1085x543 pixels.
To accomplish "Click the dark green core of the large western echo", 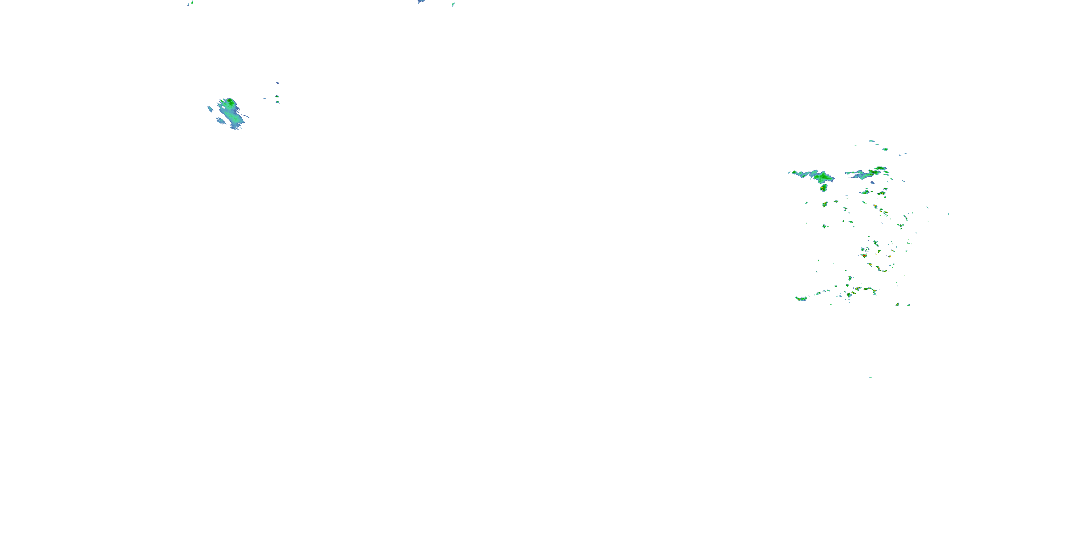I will pyautogui.click(x=230, y=102).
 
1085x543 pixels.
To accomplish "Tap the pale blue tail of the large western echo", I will pyautogui.click(x=237, y=123).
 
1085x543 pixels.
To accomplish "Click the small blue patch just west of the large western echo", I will pyautogui.click(x=210, y=109).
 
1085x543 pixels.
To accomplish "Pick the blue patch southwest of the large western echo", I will pyautogui.click(x=220, y=121).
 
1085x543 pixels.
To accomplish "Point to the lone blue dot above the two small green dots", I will pyautogui.click(x=277, y=83).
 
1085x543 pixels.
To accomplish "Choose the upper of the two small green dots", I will pyautogui.click(x=277, y=97).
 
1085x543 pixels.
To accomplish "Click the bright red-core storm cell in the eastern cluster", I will pyautogui.click(x=864, y=256).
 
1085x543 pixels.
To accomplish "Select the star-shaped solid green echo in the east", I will pyautogui.click(x=822, y=177).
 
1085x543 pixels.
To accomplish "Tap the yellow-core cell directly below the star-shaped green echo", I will pyautogui.click(x=824, y=187).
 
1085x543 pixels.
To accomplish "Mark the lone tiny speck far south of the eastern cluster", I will pyautogui.click(x=870, y=377).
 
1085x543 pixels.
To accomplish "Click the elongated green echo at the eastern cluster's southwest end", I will pyautogui.click(x=801, y=299).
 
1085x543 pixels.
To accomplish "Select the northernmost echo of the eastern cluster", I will pyautogui.click(x=872, y=141).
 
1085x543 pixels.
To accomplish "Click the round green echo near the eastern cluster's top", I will pyautogui.click(x=885, y=149).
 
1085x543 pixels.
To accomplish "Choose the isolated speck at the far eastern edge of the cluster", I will pyautogui.click(x=948, y=214).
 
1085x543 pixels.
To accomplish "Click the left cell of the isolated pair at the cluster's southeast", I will pyautogui.click(x=898, y=304).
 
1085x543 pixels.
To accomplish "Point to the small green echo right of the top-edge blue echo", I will pyautogui.click(x=453, y=5).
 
